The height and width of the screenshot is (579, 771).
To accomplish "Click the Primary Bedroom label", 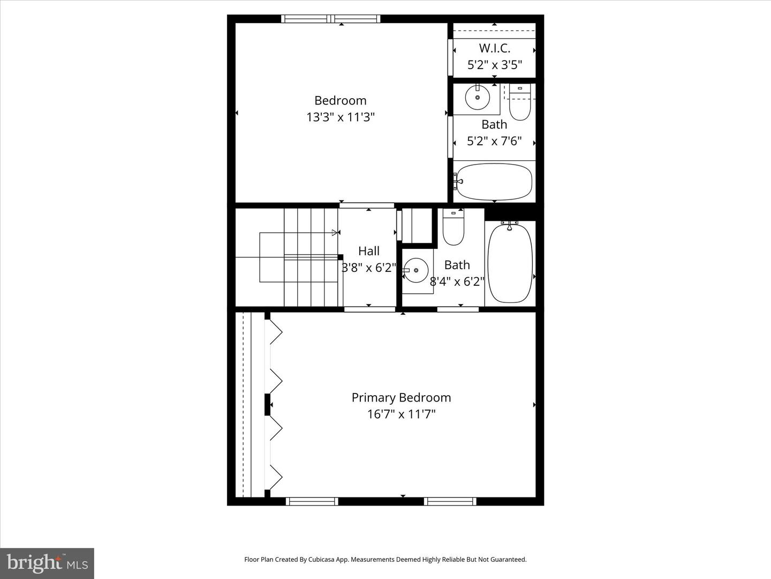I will (x=401, y=397).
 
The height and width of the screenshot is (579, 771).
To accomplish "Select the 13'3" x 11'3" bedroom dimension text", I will (x=340, y=117).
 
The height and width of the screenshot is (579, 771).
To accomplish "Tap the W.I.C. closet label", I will (x=494, y=48).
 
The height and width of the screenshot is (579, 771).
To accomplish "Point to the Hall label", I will (x=369, y=251).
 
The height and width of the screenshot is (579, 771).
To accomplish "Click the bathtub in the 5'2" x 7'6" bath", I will (x=494, y=182).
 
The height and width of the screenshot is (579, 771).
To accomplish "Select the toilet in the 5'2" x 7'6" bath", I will (x=519, y=103).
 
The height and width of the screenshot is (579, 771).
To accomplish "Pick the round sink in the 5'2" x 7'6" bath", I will (x=477, y=98).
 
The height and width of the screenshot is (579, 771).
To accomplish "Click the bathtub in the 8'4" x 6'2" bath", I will (x=510, y=263).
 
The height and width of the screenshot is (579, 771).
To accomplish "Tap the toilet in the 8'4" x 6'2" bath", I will (x=453, y=227).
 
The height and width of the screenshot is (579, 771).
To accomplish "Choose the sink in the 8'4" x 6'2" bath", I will (x=416, y=271).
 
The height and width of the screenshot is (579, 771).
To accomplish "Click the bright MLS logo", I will (x=47, y=563).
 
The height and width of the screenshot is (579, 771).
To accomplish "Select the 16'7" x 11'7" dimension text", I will (x=401, y=414).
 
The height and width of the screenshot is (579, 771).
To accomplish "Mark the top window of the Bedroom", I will (x=331, y=19).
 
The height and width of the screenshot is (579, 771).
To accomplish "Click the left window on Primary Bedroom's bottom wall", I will (x=312, y=501).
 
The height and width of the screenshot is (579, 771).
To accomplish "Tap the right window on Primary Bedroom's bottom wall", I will (x=450, y=501).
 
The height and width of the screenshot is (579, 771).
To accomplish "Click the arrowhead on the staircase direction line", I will (x=336, y=233).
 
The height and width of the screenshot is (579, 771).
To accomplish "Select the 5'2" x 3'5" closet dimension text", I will (x=494, y=65).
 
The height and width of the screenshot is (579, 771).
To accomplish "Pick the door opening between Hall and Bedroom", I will (x=367, y=205).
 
